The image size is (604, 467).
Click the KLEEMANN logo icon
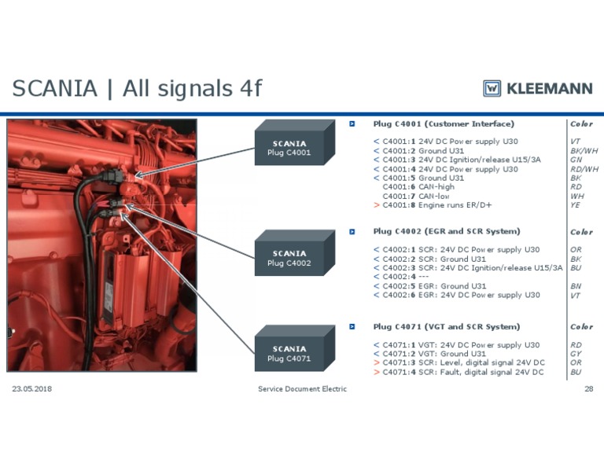click(x=492, y=88)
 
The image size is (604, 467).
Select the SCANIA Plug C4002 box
click(x=293, y=258)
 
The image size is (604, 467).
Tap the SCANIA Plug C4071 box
click(x=293, y=354)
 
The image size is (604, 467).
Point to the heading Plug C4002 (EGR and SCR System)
click(x=446, y=231)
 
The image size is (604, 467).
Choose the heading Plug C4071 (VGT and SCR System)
click(x=446, y=326)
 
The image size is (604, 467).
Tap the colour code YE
click(x=575, y=205)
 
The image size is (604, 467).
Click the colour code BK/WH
click(x=584, y=150)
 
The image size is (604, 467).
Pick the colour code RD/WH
click(x=584, y=169)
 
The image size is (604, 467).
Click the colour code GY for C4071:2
click(x=576, y=354)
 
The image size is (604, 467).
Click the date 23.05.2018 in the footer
click(x=32, y=389)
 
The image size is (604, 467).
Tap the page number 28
click(x=588, y=389)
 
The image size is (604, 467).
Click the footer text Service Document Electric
click(x=302, y=389)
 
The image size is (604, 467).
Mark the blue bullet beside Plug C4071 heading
click(x=353, y=326)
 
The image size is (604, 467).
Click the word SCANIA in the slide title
click(x=54, y=89)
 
